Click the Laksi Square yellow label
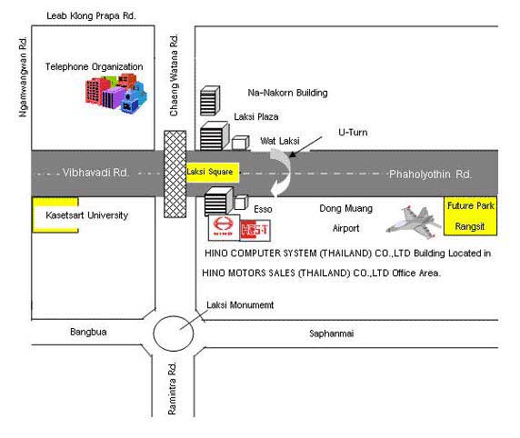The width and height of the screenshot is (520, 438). tap(213, 172)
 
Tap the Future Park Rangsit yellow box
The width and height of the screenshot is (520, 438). tap(470, 216)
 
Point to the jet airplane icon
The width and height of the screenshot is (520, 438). tap(414, 222)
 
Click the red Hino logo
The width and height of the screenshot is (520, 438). tap(224, 226)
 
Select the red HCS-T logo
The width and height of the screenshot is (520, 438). tap(255, 229)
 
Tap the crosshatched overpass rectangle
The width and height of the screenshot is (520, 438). tap(175, 174)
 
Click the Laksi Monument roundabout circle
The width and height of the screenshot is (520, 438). tap(174, 333)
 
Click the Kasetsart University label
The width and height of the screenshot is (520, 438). tap(87, 215)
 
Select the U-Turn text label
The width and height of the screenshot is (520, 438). tap(353, 133)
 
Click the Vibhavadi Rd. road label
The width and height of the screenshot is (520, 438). tap(95, 173)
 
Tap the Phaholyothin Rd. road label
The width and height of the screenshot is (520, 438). tap(430, 174)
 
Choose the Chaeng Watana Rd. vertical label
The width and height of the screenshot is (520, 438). tap(174, 75)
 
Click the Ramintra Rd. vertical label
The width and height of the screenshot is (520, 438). tap(172, 389)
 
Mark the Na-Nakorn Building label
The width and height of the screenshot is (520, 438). tap(287, 93)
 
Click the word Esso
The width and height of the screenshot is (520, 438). tap(263, 209)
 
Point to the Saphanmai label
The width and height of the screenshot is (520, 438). tap(331, 333)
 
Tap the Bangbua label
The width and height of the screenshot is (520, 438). tap(88, 332)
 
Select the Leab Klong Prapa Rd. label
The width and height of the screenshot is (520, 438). tap(91, 15)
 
